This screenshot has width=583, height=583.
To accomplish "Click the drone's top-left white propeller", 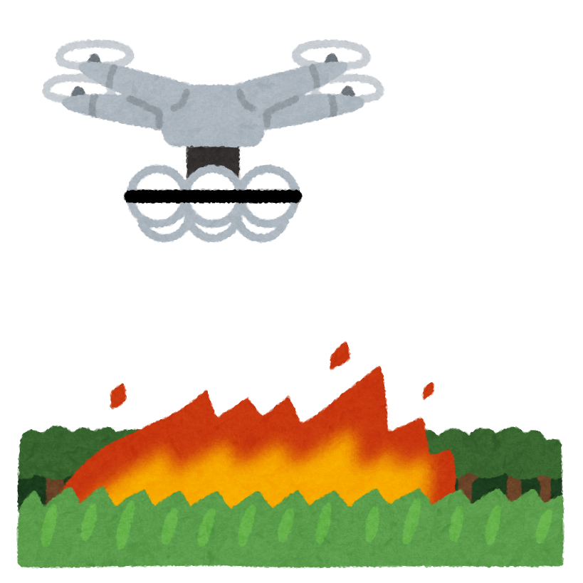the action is pyautogui.click(x=94, y=55).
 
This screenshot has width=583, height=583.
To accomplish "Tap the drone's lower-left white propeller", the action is pyautogui.click(x=83, y=90).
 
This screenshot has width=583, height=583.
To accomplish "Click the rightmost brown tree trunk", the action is pyautogui.click(x=545, y=488).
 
